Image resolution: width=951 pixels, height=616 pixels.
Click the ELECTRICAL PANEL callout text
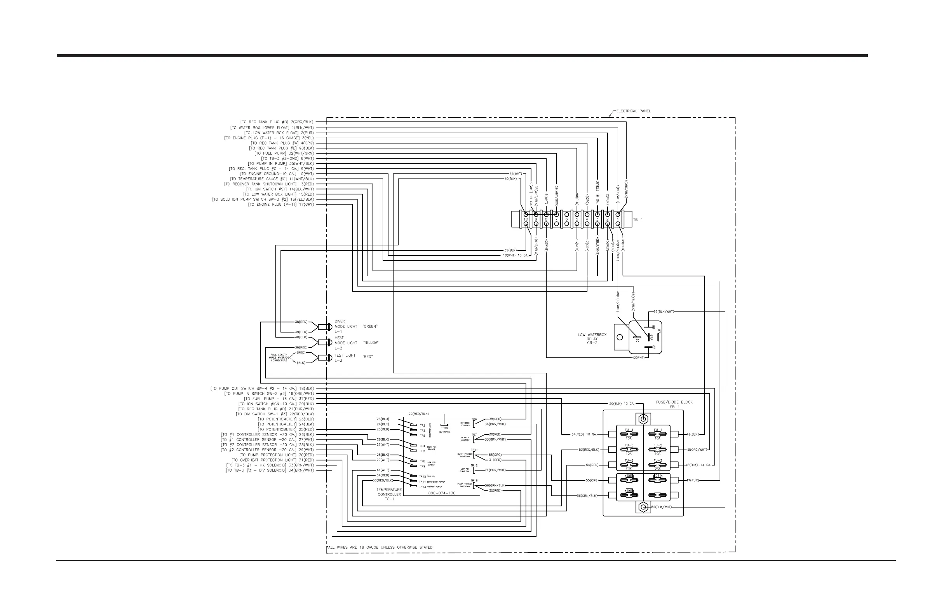click(x=633, y=111)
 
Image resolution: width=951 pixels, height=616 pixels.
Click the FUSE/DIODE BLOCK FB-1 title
click(x=674, y=404)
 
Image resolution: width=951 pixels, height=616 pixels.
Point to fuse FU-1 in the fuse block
click(x=657, y=434)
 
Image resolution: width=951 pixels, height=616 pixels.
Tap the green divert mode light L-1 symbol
click(x=324, y=327)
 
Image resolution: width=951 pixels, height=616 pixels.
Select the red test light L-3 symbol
click(x=324, y=358)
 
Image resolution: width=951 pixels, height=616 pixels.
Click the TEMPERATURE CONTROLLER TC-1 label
click(x=389, y=494)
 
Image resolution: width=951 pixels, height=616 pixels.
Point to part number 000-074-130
click(x=442, y=493)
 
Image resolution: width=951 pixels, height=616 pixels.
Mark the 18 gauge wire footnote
click(x=380, y=547)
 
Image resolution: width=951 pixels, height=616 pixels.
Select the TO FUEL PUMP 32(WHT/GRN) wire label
click(x=284, y=153)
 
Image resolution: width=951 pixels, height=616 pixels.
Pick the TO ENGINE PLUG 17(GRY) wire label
click(x=281, y=205)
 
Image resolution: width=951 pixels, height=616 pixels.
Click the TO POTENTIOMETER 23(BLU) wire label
click(x=286, y=419)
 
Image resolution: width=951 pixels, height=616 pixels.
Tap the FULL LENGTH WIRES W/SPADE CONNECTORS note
click(x=279, y=358)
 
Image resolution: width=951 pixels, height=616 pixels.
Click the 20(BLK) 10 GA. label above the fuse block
click(x=621, y=404)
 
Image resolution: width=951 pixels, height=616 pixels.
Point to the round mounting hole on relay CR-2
click(x=620, y=337)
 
